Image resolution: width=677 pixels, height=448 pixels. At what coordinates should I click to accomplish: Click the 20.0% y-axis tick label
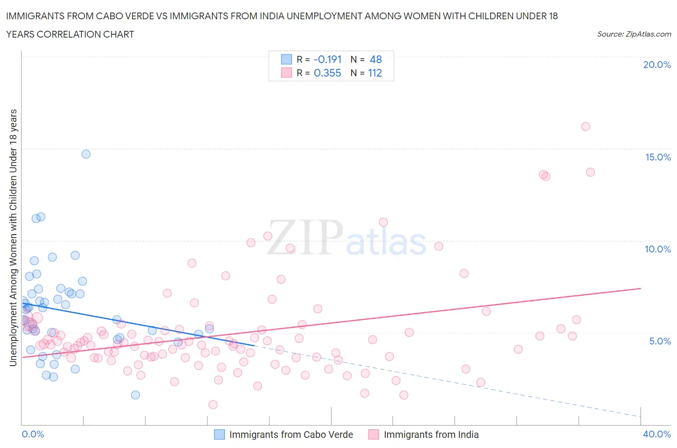point(657,65)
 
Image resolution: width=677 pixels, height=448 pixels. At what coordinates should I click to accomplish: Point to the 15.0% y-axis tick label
point(658,157)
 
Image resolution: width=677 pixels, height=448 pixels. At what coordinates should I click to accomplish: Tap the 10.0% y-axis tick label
point(658,249)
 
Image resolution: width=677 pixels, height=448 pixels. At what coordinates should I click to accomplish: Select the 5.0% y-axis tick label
point(660,341)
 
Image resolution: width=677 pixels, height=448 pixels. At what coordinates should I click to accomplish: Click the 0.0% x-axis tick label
point(33,434)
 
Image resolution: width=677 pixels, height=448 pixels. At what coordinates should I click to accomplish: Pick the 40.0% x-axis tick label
point(657,434)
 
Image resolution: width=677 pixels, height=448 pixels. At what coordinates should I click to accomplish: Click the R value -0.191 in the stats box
point(327,59)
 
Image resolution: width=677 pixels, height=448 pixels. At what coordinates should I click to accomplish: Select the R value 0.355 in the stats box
point(327,73)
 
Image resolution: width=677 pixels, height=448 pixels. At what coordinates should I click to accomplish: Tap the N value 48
point(376,59)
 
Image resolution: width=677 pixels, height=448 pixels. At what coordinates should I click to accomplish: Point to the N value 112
point(375,73)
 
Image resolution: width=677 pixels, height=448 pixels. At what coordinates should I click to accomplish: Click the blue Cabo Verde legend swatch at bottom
point(220,435)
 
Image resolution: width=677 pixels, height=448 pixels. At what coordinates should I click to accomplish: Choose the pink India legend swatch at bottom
point(374,435)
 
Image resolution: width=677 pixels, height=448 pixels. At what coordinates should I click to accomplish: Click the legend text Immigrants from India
point(431,435)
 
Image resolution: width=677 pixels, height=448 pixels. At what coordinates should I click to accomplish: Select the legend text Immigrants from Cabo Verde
point(291,435)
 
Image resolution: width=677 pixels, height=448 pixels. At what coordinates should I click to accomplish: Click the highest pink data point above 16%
point(586,127)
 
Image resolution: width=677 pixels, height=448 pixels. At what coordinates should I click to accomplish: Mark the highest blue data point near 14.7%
point(86,154)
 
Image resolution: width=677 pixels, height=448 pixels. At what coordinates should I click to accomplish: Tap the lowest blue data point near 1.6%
point(135,395)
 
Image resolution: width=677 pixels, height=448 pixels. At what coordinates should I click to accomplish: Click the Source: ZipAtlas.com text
point(634,34)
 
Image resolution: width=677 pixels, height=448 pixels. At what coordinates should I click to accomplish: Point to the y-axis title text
point(13,237)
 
